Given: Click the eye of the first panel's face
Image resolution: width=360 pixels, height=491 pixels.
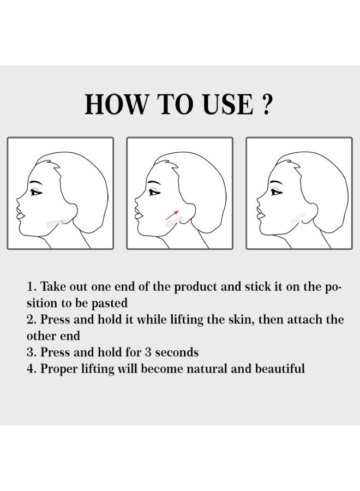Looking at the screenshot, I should tap(37, 192).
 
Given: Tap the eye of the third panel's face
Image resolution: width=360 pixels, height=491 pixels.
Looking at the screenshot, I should tap(277, 192).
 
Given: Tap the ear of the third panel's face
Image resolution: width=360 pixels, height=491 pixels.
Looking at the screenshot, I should tap(313, 213).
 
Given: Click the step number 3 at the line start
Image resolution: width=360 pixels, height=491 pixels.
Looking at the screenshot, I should tap(30, 352).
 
